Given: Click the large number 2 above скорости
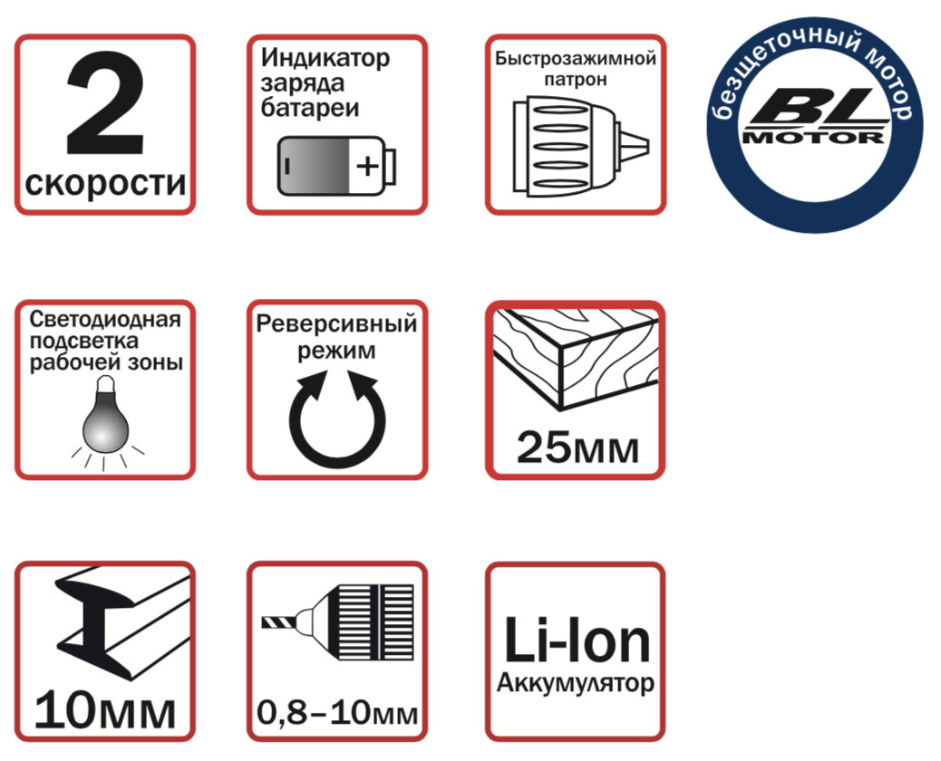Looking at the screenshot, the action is [105, 103].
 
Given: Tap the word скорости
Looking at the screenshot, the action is [106, 184].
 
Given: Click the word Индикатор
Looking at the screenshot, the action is [325, 58].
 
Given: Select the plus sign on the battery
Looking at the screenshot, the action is [367, 166].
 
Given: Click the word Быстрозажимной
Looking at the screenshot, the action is [576, 59].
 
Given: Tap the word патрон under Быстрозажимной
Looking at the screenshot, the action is [576, 80].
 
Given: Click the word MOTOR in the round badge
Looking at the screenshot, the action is [814, 138].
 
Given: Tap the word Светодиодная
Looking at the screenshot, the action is [105, 319].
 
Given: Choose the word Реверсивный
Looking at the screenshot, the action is [336, 323].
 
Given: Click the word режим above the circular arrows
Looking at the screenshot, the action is [336, 351].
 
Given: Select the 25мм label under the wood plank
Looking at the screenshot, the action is [577, 448].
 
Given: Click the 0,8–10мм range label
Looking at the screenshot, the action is [337, 712].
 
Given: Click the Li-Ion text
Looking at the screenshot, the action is [577, 641].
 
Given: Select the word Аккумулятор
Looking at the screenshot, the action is [576, 683].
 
